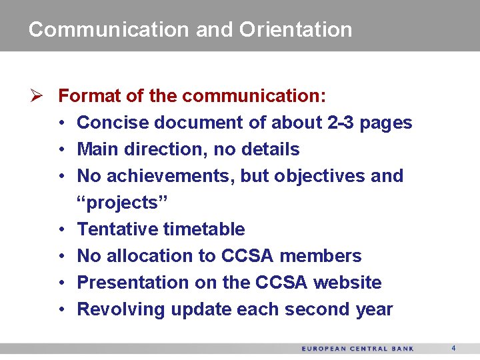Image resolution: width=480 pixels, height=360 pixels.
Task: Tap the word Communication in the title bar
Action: [109, 29]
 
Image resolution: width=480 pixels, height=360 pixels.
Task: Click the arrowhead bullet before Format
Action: [37, 96]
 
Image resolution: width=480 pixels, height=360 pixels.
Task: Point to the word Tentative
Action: [117, 229]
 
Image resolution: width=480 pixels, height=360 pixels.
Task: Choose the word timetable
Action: [204, 229]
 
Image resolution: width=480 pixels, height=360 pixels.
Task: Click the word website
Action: [347, 283]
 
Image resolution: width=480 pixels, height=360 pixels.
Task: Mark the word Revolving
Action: [121, 309]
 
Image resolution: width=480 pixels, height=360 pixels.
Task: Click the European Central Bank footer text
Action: [357, 349]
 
